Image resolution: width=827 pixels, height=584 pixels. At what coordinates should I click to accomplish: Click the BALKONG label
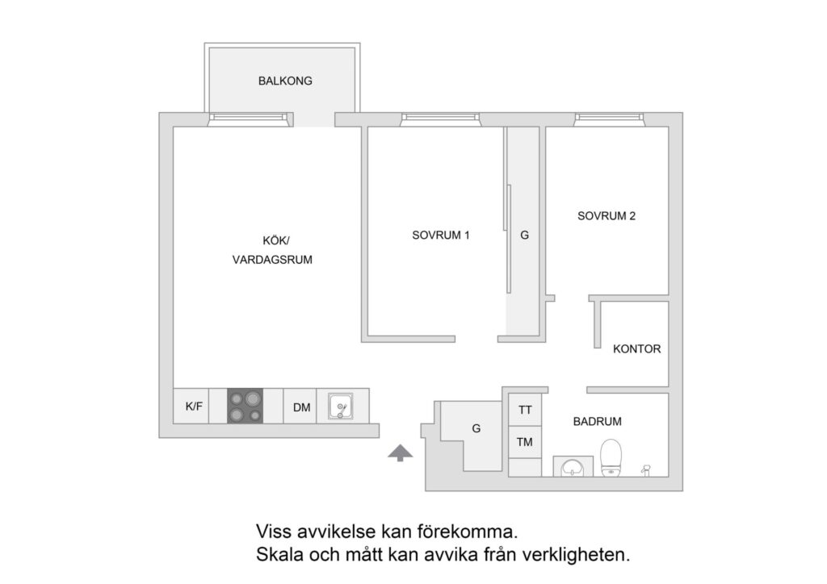pos(285,81)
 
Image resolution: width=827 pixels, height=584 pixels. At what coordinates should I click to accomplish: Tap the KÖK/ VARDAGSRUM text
pos(271,250)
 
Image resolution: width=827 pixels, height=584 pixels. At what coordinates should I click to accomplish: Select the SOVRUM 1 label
pos(441,236)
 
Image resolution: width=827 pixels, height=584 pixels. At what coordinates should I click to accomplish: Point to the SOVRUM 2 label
pos(607,216)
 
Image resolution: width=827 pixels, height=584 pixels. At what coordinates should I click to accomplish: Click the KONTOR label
pos(636,349)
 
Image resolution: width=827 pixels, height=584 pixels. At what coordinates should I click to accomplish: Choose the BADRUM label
pos(598,421)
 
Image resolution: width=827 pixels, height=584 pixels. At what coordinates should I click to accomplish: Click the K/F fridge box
pos(194,407)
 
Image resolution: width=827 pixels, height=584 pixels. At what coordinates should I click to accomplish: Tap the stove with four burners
pos(246,406)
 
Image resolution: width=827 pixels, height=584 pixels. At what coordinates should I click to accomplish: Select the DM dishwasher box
pos(302,407)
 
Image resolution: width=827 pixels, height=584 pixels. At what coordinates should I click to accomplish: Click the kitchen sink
pos(340,406)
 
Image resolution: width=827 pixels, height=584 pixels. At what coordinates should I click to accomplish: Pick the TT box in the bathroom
pos(525,410)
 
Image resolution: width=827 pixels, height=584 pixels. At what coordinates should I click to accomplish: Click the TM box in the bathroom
pos(525,441)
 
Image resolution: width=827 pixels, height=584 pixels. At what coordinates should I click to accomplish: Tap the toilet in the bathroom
pos(611,459)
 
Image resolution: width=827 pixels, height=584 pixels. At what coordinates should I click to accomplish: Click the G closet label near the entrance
pos(476,428)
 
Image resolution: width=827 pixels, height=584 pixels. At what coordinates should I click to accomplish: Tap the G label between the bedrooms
pos(525,236)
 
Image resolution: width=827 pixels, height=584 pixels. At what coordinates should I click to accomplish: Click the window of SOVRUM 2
pos(611,120)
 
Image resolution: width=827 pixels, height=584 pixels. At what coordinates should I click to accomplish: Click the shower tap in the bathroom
pos(645,468)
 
